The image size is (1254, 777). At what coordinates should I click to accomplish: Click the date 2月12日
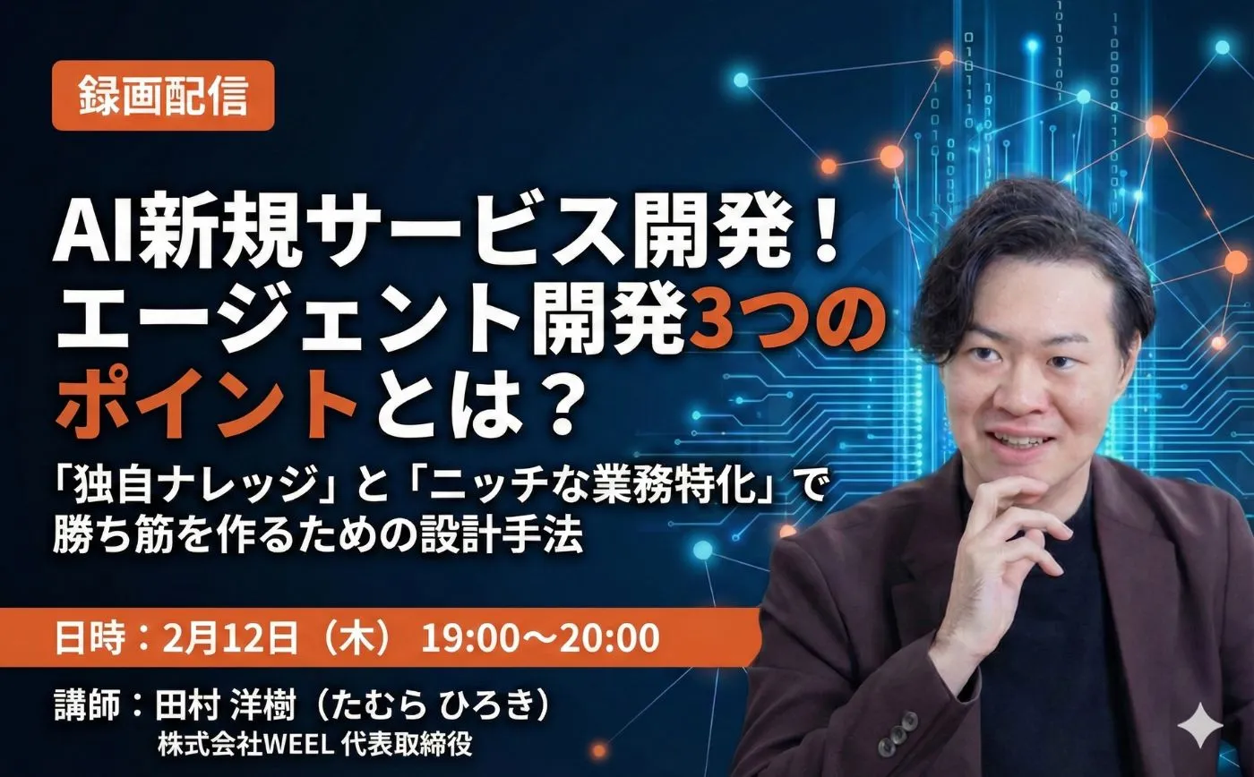(229, 638)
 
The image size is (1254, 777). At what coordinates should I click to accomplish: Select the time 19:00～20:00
(540, 638)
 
